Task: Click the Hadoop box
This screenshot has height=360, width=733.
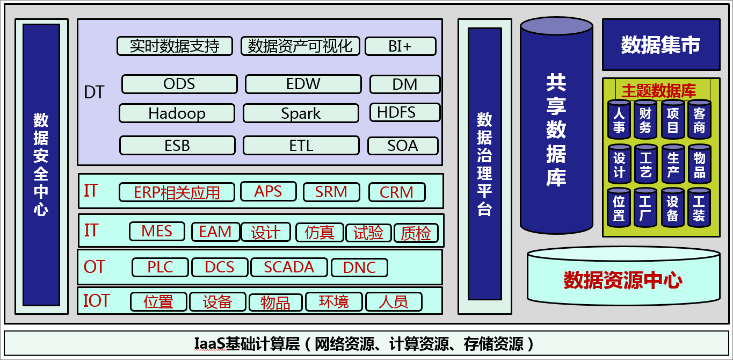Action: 177,113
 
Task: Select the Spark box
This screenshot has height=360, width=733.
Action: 301,113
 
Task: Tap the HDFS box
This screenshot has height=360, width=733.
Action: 405,112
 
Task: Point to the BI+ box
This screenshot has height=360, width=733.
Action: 401,46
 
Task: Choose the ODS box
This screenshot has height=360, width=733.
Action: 179,84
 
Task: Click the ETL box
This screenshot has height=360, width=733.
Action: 301,146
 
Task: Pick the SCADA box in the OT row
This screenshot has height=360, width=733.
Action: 289,267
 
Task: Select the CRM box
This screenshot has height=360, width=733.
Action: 397,192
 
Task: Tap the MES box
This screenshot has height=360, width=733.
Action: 157,232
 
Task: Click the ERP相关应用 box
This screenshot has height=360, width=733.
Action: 177,192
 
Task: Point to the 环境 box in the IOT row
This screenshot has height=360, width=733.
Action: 334,301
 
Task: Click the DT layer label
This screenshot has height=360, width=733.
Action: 94,92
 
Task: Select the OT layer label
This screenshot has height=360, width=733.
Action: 95,267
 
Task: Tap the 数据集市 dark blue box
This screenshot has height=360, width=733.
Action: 661,45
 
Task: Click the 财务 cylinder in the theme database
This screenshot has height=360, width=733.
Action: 645,120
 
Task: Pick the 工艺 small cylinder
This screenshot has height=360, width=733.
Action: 645,164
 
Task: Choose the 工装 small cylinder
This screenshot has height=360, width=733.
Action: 699,208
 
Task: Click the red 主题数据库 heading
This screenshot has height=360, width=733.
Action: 658,91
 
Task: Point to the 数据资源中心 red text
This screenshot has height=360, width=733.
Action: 623,280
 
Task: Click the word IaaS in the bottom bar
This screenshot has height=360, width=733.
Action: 210,344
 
